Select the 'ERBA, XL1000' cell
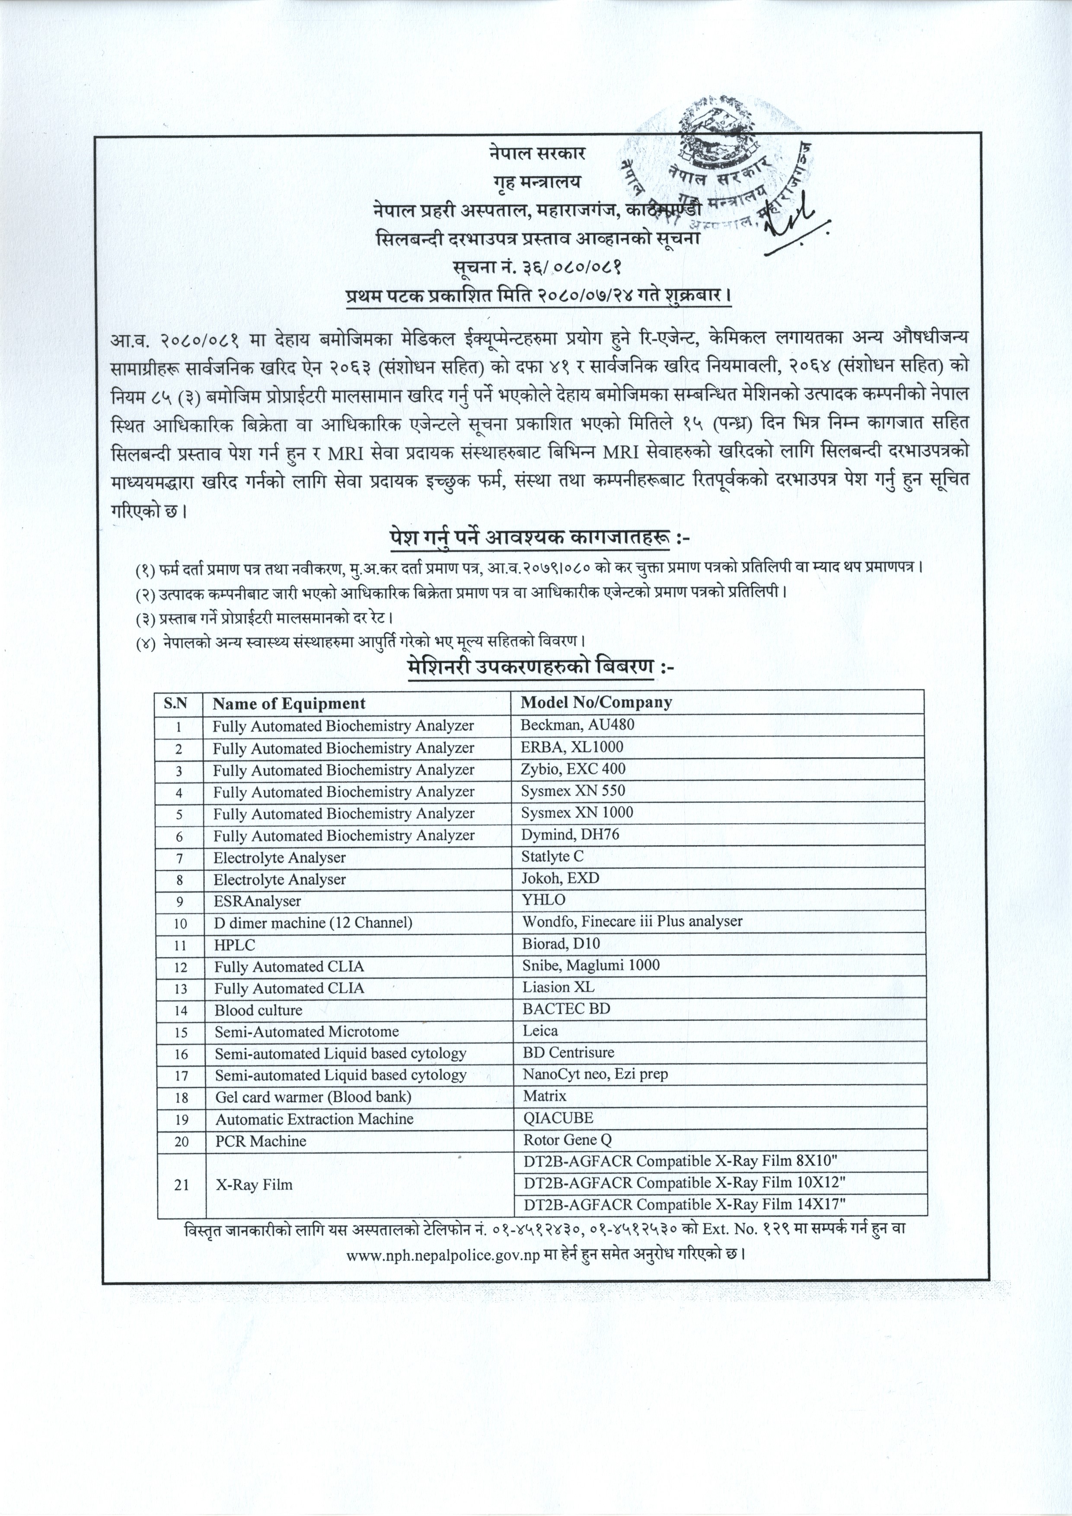(x=571, y=747)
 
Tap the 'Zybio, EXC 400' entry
(x=573, y=768)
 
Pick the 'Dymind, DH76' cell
(x=570, y=834)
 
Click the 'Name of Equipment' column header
(x=289, y=703)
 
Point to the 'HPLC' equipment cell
(x=234, y=945)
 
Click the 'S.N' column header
(x=175, y=703)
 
